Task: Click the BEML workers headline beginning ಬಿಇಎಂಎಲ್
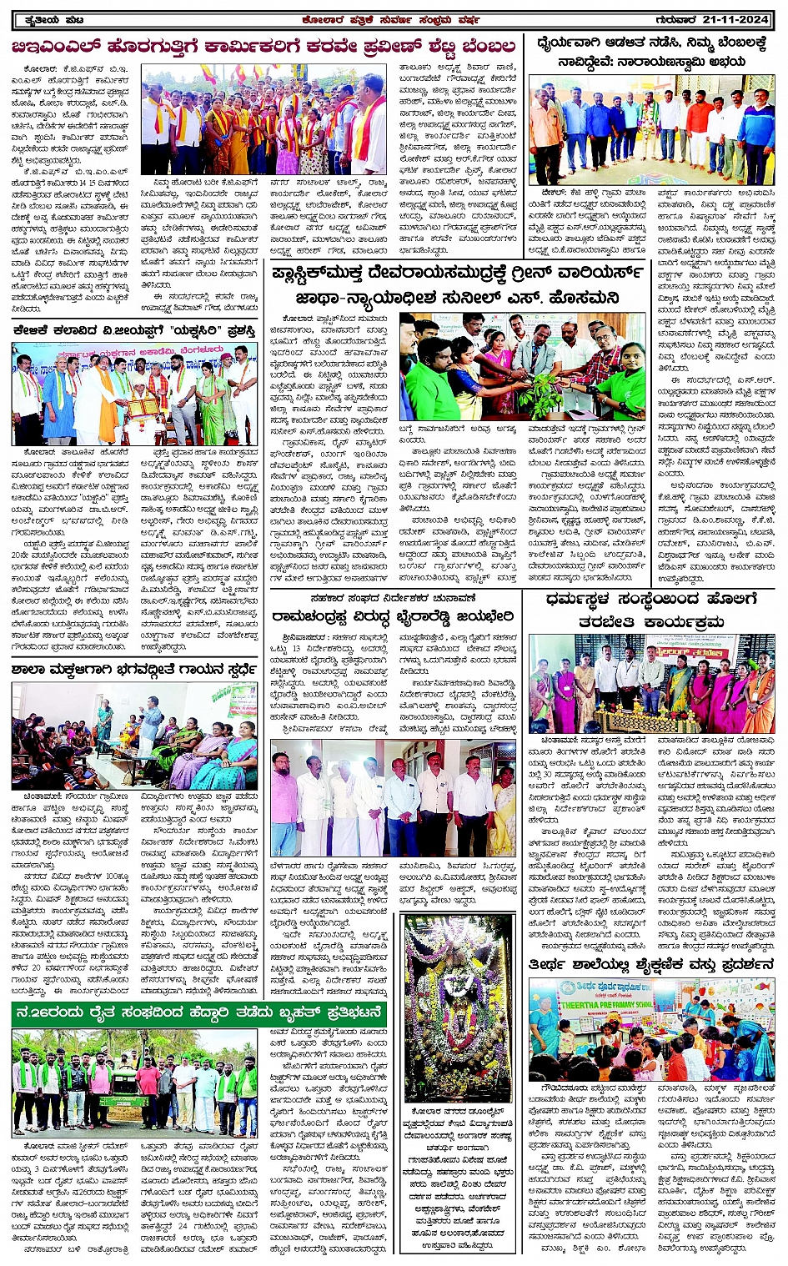pyautogui.click(x=264, y=47)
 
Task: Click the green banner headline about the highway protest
pyautogui.click(x=198, y=1013)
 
